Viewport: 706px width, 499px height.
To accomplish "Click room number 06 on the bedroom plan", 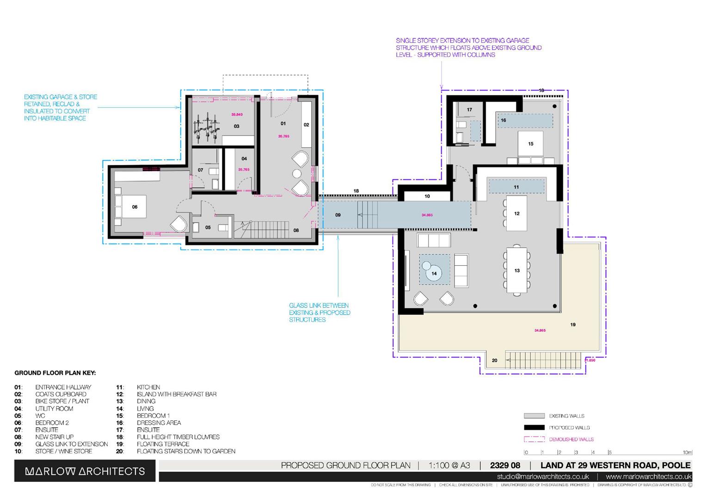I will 135,207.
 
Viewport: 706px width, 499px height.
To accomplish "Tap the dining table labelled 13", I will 517,271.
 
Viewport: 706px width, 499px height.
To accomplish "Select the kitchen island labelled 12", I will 516,213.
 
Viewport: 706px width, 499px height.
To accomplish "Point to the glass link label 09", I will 338,215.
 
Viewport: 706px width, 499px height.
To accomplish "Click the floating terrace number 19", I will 573,325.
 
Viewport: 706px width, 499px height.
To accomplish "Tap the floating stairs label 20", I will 494,360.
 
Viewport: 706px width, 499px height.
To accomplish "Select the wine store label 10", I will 427,196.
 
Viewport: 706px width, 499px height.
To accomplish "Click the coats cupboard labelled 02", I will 306,125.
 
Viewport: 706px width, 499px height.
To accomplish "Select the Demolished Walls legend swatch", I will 534,439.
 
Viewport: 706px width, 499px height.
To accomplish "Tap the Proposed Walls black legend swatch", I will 534,427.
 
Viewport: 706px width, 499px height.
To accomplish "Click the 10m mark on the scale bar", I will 688,452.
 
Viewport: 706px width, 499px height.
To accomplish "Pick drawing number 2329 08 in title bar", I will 505,465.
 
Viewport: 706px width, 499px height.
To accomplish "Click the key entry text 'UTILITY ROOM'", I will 54,408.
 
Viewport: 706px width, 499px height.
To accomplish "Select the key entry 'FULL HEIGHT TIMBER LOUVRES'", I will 178,437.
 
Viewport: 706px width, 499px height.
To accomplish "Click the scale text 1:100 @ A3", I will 449,465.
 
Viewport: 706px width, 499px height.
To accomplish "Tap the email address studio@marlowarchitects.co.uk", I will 543,476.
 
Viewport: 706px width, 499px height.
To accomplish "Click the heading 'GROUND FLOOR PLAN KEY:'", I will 55,373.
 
